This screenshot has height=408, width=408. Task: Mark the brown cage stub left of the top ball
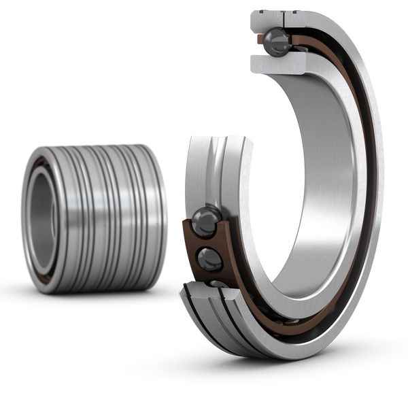click(258, 40)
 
